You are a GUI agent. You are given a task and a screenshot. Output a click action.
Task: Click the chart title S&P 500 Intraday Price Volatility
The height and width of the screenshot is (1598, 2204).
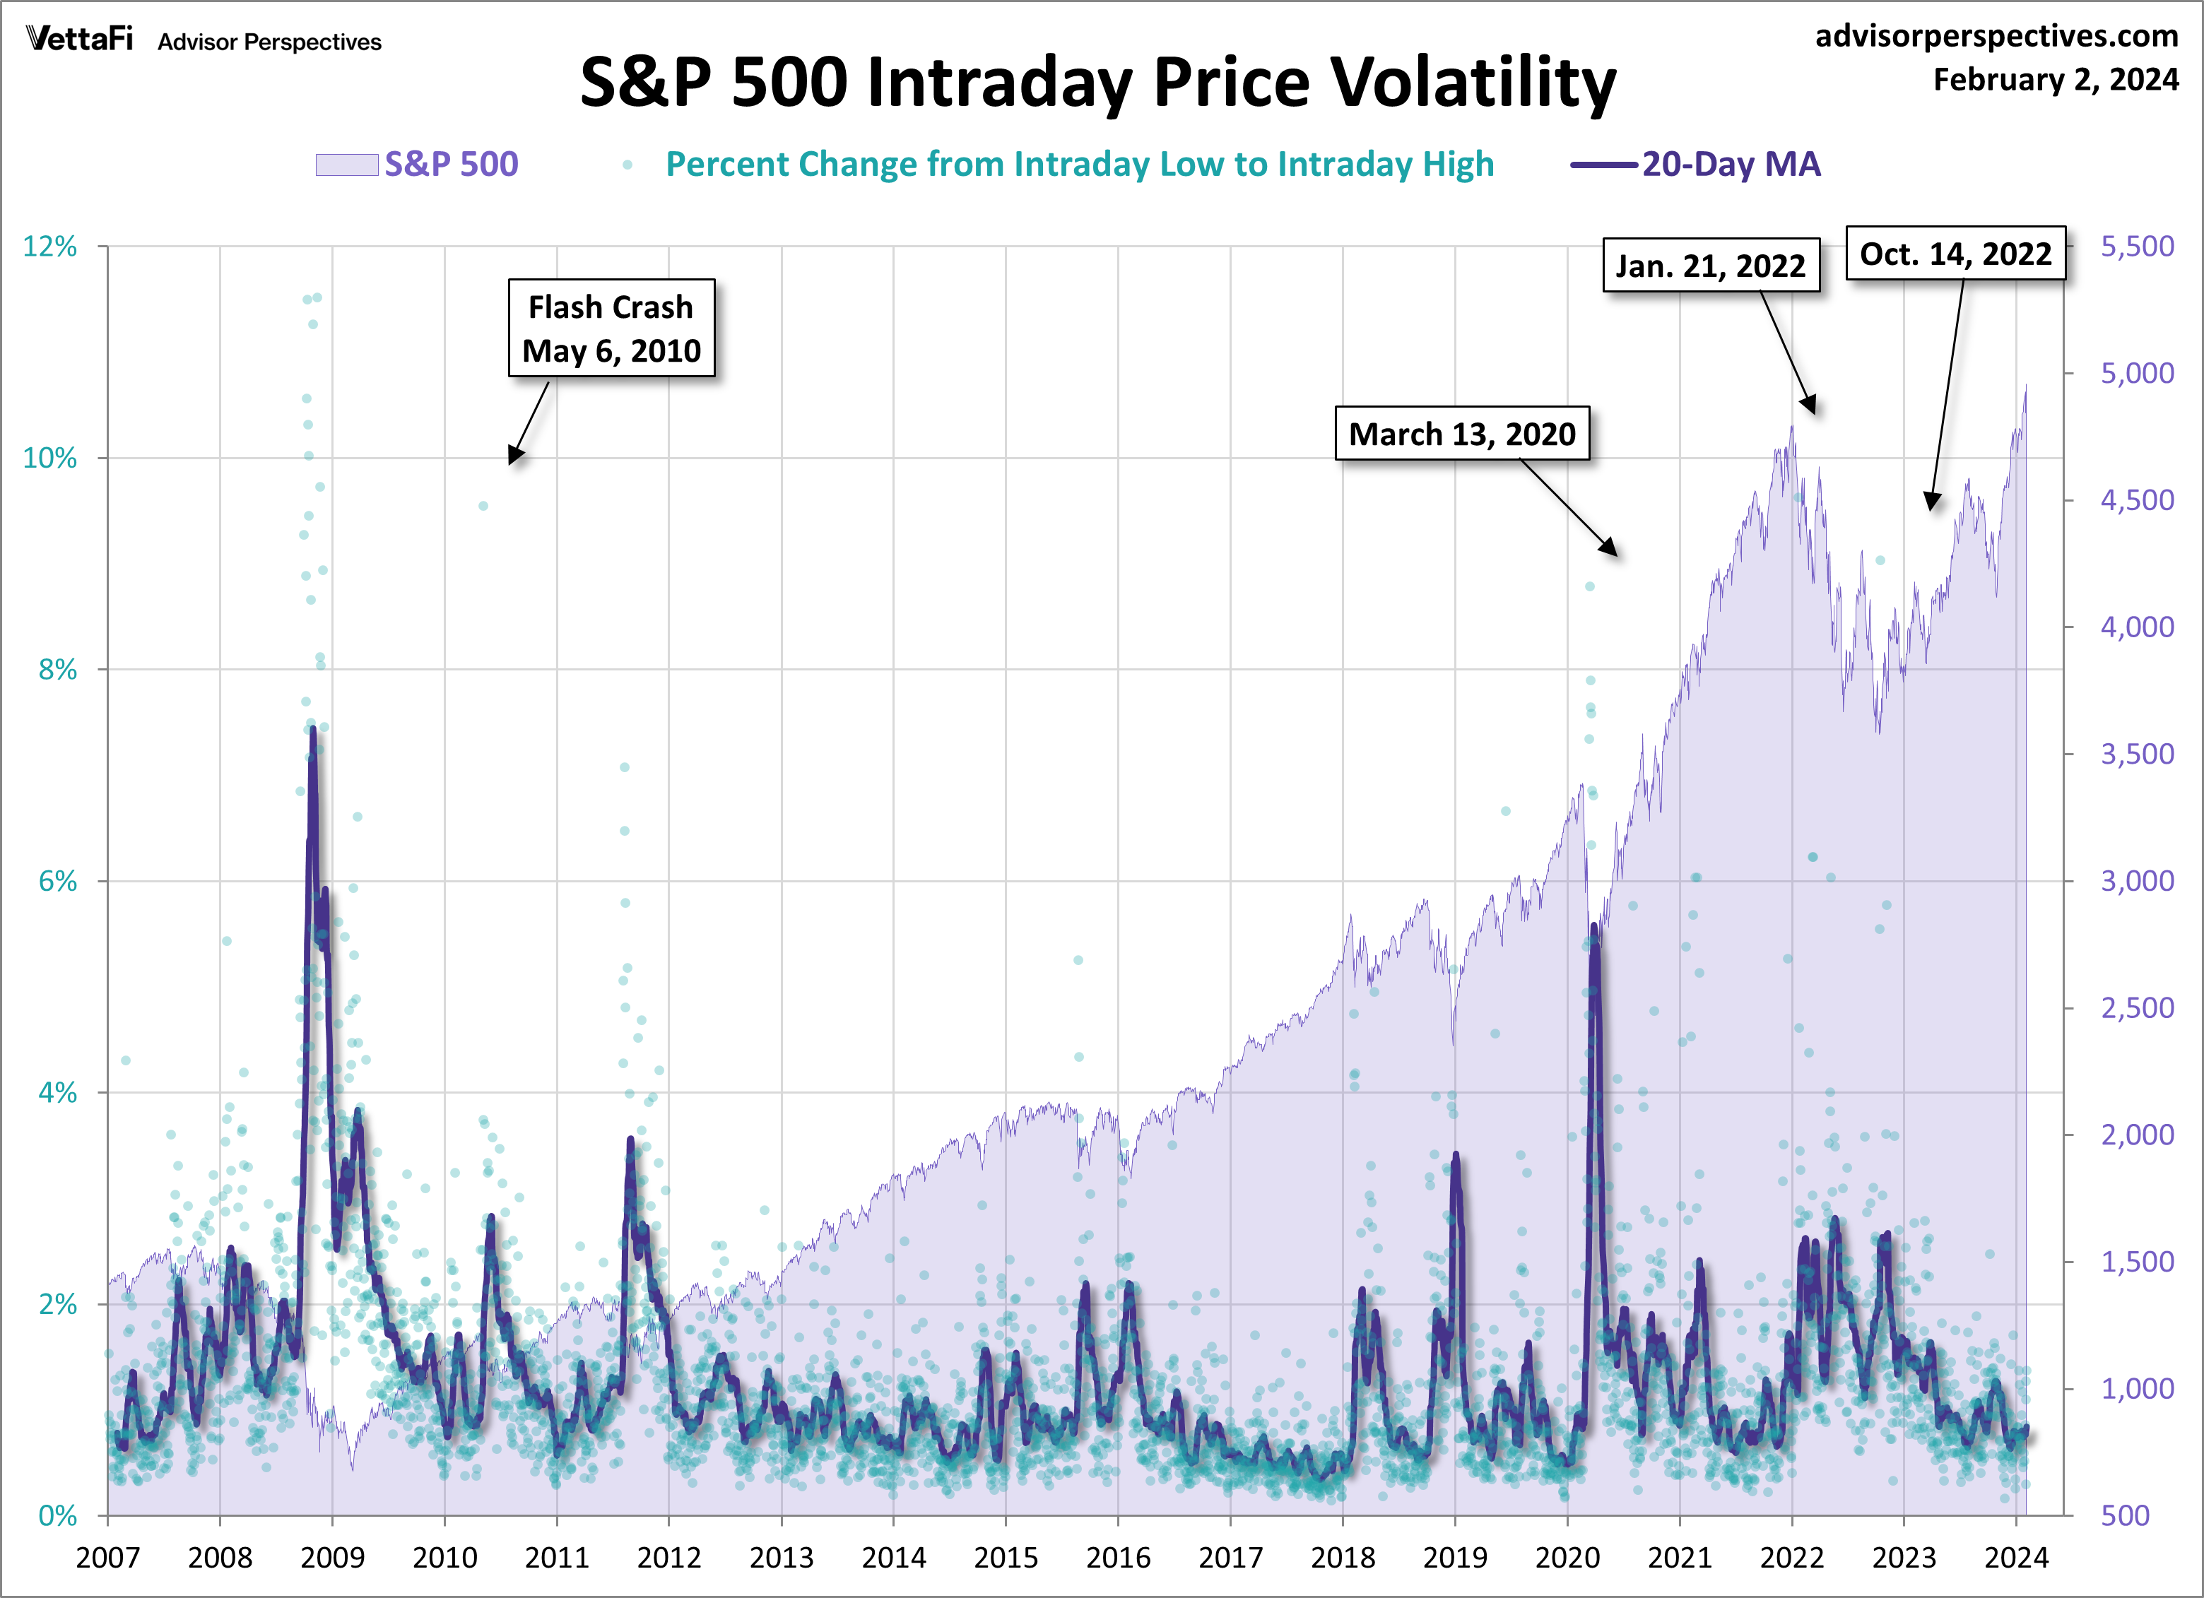1098,82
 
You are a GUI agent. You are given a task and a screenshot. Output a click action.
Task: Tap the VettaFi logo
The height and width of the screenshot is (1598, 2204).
80,39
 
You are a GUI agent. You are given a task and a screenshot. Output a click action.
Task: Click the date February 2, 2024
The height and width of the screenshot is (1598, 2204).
2056,80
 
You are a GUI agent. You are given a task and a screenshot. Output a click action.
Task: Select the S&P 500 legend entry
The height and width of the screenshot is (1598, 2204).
418,164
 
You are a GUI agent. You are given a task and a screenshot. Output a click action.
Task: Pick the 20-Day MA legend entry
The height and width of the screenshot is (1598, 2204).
1696,164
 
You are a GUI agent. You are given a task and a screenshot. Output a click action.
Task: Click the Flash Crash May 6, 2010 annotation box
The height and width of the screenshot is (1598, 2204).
611,329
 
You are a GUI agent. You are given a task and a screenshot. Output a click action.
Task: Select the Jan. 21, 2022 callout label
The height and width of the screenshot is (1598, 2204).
1710,265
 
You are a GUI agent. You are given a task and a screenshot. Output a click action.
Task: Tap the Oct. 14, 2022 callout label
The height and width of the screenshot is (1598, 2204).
1955,254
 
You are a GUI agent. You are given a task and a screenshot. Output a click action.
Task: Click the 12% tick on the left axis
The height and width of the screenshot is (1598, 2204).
51,247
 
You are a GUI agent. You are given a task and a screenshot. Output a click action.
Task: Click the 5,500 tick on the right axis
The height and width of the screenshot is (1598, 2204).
2137,247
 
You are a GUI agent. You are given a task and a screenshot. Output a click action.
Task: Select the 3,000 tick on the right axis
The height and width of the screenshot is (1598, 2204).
2137,881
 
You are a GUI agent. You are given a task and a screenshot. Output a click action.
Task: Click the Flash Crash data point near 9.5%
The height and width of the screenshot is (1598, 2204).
483,506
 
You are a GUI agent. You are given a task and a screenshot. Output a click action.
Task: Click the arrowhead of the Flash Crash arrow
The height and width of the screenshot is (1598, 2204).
513,458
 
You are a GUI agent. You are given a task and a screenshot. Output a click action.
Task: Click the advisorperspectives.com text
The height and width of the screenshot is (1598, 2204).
1996,36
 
